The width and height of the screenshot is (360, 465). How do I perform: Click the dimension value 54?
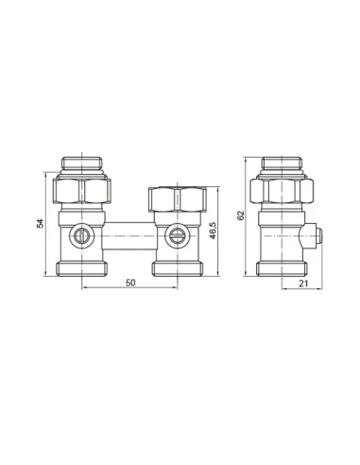point(40,223)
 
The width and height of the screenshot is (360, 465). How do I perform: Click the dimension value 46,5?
point(213,231)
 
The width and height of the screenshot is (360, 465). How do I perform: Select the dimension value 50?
point(130,283)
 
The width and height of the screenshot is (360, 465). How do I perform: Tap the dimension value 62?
point(241,215)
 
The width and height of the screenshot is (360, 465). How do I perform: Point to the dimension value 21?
point(303,284)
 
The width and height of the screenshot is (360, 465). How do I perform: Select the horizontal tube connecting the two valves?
point(129,235)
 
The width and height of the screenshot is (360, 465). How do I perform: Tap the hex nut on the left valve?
point(82,191)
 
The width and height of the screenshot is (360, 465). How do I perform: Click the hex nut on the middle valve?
point(178,199)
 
